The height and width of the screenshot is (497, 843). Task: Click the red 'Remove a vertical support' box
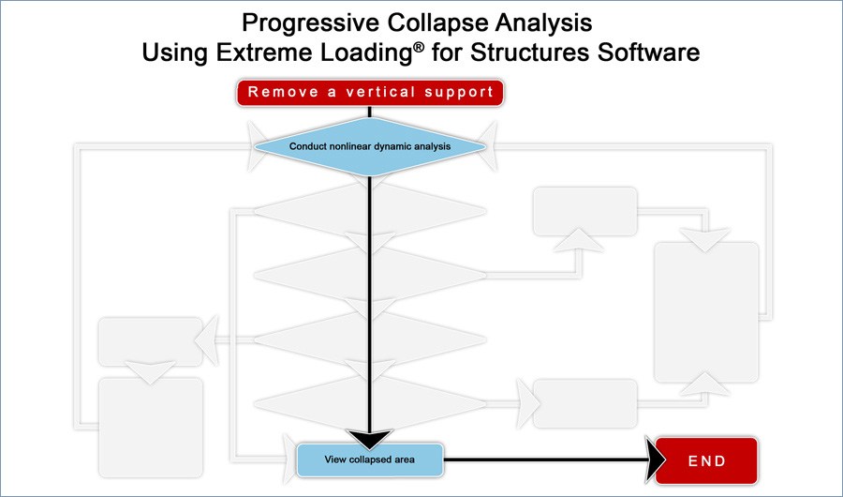[370, 92]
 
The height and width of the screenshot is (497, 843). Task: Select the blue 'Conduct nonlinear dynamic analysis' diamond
[370, 146]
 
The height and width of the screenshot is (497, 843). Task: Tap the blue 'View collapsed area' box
[370, 459]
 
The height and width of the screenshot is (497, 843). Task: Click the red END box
[706, 461]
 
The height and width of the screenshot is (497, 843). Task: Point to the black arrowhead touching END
[656, 460]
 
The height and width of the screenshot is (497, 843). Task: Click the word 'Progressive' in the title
[310, 23]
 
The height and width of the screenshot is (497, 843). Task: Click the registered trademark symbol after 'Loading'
[419, 47]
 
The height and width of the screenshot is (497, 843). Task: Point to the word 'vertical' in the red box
[380, 92]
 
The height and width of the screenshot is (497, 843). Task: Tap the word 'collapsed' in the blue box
[370, 459]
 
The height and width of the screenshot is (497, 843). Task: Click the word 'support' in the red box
[459, 93]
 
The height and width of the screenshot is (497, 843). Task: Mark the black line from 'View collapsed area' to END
[544, 459]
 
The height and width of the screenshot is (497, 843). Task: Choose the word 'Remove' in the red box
[283, 92]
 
